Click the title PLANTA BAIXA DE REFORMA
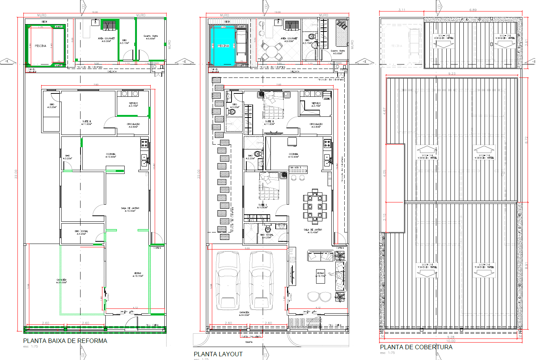pos(65,341)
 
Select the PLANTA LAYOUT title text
pos(218,354)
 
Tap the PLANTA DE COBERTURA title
pos(416,347)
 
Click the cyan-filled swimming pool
pos(223,46)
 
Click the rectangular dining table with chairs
pos(315,207)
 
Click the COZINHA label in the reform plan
pos(111,154)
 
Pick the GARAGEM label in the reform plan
pos(62,280)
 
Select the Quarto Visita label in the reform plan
pos(151,36)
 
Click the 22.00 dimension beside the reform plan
pos(16,174)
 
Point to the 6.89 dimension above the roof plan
pos(473,10)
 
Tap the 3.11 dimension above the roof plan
pos(402,10)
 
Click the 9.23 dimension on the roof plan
pos(452,74)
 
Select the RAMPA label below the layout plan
pos(249,342)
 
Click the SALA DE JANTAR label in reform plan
pos(130,208)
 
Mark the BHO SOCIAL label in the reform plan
pos(81,231)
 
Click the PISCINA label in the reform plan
pos(40,46)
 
